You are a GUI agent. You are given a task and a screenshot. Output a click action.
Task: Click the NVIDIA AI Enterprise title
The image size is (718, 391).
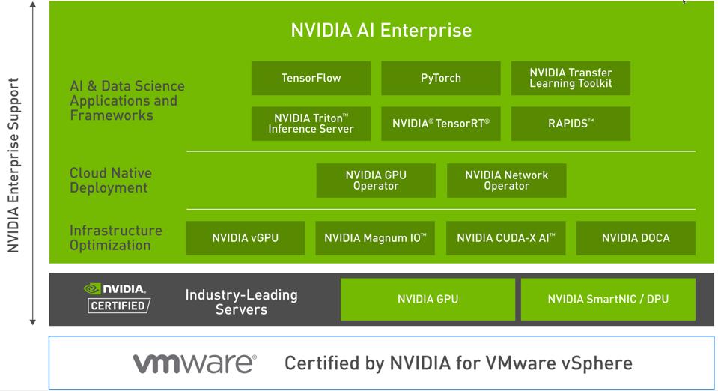[x=381, y=31]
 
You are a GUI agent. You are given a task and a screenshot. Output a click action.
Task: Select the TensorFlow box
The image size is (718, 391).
[x=311, y=78]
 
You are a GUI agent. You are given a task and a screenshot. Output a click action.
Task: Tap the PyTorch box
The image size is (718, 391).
[x=440, y=78]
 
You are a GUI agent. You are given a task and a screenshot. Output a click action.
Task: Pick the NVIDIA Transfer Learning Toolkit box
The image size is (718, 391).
[x=571, y=78]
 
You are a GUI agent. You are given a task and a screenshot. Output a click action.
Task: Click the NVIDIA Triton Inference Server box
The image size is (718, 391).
[x=311, y=124]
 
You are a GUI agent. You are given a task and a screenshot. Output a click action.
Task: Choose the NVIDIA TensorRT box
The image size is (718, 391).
[x=440, y=124]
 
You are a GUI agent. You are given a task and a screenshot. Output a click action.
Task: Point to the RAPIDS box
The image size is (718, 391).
[x=571, y=124]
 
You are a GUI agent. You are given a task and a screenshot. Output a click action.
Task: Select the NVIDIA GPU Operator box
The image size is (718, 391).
[x=376, y=181]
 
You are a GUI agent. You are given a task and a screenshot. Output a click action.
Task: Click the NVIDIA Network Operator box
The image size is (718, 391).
[x=506, y=181]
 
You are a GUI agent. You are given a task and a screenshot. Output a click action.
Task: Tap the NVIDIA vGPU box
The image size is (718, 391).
[x=245, y=238]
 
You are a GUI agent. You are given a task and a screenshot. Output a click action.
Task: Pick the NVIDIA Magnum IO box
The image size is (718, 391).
[x=375, y=238]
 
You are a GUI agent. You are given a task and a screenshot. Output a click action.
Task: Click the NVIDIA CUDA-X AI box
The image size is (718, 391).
[x=506, y=238]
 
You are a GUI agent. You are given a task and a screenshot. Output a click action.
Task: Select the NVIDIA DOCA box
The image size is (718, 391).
[x=636, y=238]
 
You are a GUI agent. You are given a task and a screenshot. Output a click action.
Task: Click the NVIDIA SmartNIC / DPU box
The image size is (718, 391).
[x=608, y=300]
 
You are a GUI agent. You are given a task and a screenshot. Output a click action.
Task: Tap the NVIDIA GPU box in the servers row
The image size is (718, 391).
[x=428, y=300]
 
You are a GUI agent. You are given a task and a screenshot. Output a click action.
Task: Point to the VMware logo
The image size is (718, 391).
[x=195, y=364]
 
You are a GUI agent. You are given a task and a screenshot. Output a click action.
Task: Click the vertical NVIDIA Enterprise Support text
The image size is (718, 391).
[x=13, y=165]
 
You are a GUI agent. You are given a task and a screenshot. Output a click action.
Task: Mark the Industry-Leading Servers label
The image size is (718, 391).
[x=241, y=302]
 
